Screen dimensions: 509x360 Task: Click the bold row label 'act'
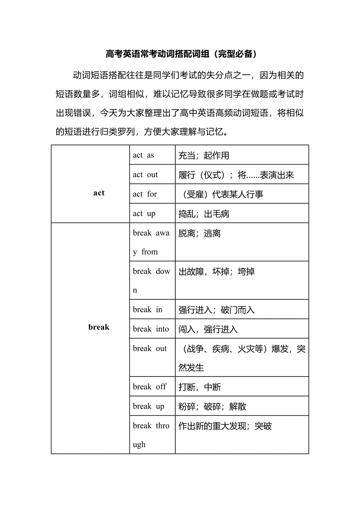coord(99,193)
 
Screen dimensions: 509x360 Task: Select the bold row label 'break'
coord(99,327)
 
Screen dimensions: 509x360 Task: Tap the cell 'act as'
coord(143,155)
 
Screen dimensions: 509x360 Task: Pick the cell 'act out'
coord(145,175)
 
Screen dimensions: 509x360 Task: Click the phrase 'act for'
coord(145,194)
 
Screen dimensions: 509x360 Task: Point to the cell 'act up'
coord(144,213)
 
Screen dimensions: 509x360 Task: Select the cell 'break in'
coord(148,310)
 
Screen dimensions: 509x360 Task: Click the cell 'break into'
coord(151,329)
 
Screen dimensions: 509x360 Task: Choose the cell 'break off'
coord(149,387)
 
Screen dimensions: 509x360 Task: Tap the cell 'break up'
coord(148,406)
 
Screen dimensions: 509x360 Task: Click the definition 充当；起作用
coord(203,156)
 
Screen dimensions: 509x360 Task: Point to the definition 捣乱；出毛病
coord(203,214)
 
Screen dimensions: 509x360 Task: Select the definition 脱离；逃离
coord(200,233)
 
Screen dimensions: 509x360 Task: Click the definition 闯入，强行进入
coord(208,330)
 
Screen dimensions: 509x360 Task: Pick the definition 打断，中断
coord(200,387)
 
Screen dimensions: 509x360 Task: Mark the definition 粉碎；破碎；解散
coord(212,407)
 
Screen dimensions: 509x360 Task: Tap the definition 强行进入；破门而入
coord(216,310)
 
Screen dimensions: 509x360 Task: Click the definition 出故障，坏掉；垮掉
coord(216,272)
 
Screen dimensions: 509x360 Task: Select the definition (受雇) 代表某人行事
coord(221,194)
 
